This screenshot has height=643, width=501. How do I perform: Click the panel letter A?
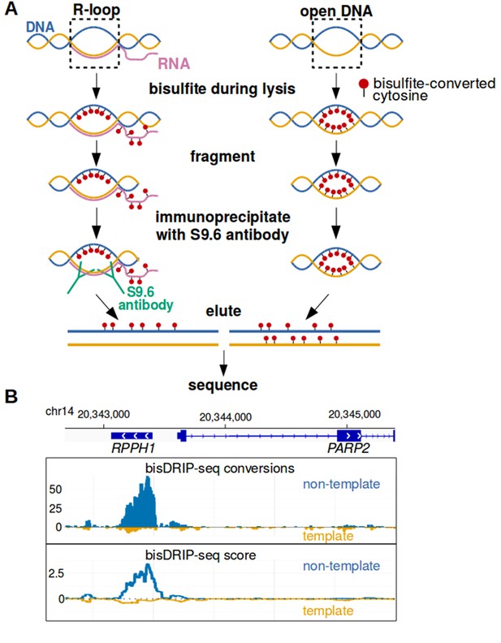[11, 9]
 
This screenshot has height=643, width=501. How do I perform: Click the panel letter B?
[11, 396]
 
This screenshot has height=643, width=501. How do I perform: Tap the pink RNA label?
[175, 63]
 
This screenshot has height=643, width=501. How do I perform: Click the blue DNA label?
[40, 27]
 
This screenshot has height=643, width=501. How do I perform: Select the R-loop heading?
[97, 10]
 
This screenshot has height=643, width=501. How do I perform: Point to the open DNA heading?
[336, 11]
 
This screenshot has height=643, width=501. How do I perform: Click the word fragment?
[222, 156]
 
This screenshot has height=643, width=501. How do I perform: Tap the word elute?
[223, 311]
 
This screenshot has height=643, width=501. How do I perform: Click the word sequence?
[223, 385]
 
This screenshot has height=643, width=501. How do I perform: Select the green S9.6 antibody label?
[145, 298]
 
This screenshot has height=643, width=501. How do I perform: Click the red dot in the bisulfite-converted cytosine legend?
[364, 84]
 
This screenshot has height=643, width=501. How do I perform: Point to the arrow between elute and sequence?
[223, 364]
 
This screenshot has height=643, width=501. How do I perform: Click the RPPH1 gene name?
[133, 448]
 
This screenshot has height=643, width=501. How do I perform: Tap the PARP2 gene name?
[348, 448]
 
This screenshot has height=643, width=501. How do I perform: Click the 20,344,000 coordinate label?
[226, 417]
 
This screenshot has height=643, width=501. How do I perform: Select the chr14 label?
[59, 411]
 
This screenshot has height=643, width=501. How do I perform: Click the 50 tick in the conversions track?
[55, 490]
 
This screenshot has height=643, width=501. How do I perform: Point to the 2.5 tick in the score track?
[56, 573]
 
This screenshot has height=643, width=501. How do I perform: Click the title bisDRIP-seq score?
[201, 555]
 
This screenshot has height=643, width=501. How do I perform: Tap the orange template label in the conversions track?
[328, 536]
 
